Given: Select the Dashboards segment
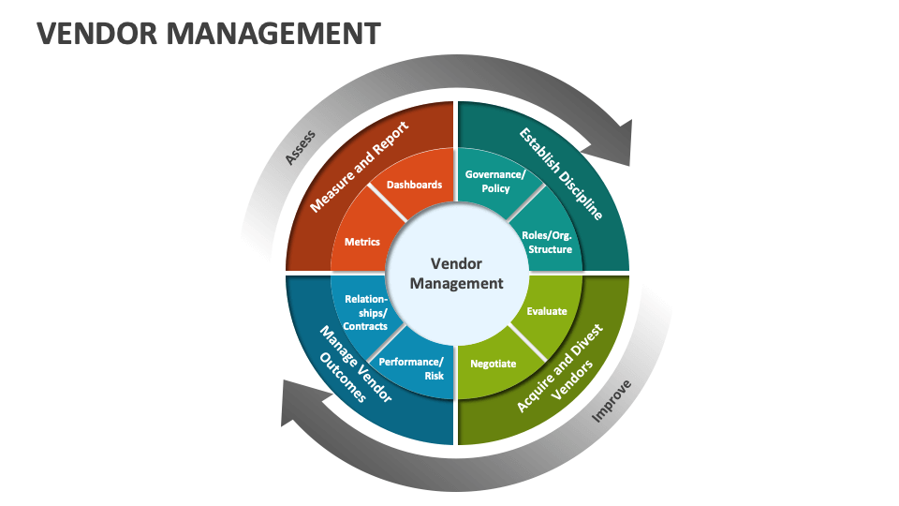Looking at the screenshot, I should click(x=414, y=186).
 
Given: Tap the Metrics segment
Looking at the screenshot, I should click(x=362, y=242).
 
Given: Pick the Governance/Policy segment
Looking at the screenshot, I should click(x=495, y=181).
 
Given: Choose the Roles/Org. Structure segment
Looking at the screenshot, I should click(x=546, y=242).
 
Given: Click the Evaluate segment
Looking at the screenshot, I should click(x=546, y=310).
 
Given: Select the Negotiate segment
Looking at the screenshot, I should click(x=493, y=363).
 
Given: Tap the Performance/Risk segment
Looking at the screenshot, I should click(x=418, y=368).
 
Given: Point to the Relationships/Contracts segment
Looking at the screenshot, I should click(x=364, y=313).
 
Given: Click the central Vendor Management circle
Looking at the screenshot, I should click(x=456, y=274).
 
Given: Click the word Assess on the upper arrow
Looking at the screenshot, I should click(x=301, y=146).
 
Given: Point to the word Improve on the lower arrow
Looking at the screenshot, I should click(x=612, y=401).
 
